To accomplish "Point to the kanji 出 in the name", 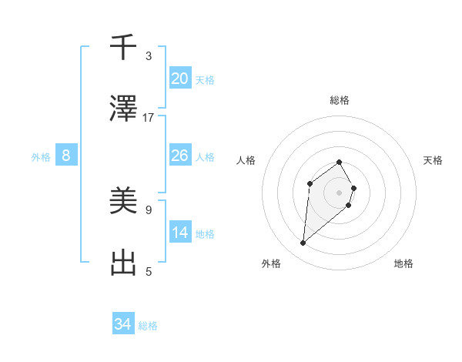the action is [124, 263].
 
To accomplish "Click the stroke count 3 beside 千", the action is [149, 56].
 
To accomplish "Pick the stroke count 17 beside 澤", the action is [149, 118].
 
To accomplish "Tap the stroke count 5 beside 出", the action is [149, 271].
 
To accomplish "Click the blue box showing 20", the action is [180, 79].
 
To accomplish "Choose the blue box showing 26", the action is [180, 156].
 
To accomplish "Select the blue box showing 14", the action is [180, 233].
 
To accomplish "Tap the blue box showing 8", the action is [66, 156].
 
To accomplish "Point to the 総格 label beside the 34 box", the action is [149, 326].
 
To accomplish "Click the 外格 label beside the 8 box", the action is [41, 157].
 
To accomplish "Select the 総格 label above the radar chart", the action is [340, 100].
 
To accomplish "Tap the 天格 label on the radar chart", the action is [433, 160].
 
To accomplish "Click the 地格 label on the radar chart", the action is [403, 263].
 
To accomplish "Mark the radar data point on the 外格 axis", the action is [303, 243].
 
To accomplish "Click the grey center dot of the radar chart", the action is [340, 192].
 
